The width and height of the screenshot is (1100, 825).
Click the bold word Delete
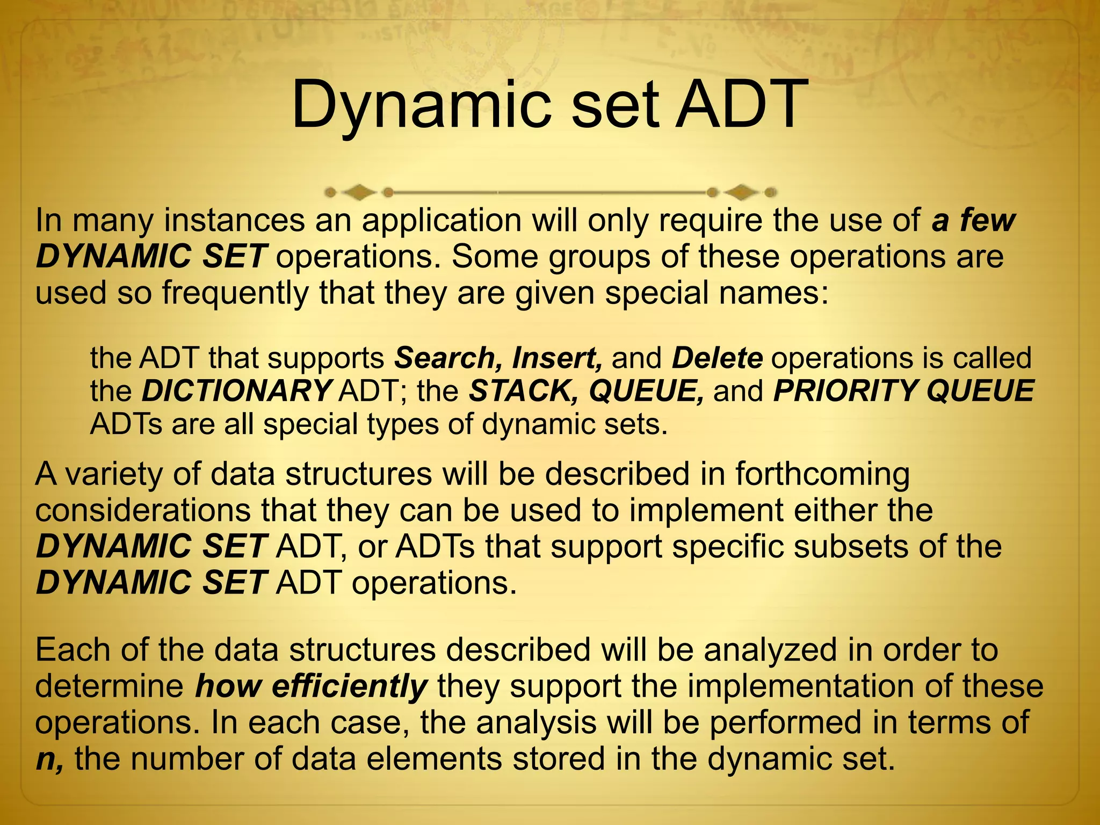coord(717,358)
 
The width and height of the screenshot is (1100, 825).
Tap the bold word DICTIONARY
coord(236,391)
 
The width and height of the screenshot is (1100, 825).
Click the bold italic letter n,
coord(49,759)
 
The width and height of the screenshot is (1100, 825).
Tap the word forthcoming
coord(822,474)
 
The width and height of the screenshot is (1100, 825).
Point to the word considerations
coord(143,510)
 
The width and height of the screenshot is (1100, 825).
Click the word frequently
coord(234,293)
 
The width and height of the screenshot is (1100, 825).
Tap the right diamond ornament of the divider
coord(741,192)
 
